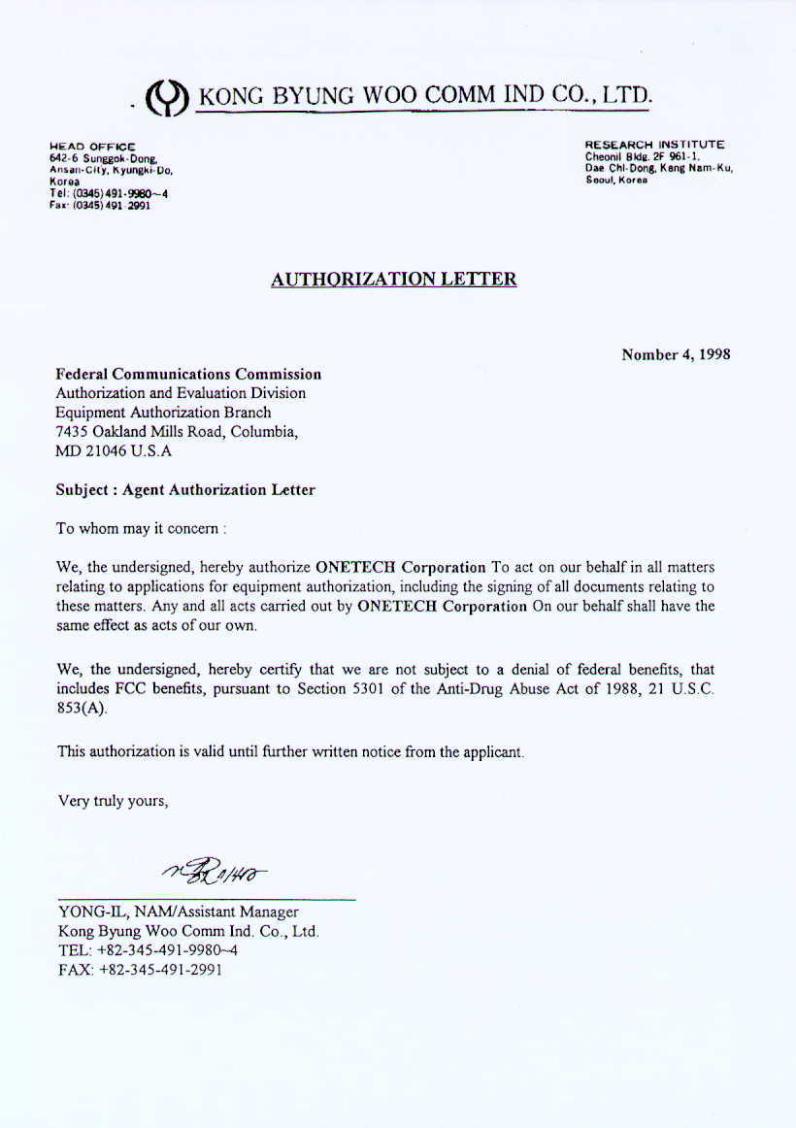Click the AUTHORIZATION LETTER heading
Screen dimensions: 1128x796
(x=393, y=280)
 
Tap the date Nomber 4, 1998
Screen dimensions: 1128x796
(x=676, y=354)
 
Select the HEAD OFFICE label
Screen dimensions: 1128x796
(x=92, y=147)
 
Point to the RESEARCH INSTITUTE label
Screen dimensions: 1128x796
(x=653, y=145)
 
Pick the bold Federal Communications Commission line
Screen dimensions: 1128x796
(x=188, y=374)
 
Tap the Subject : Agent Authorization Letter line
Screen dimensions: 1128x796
(x=185, y=490)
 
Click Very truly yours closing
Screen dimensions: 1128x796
(x=114, y=801)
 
